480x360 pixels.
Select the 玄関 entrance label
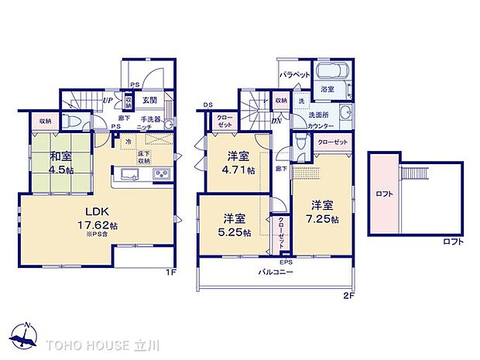pos(150,100)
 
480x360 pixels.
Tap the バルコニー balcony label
pos(276,272)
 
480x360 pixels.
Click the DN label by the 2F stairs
pos(277,120)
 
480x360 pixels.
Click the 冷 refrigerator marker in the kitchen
pos(128,141)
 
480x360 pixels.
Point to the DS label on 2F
pos(207,105)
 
